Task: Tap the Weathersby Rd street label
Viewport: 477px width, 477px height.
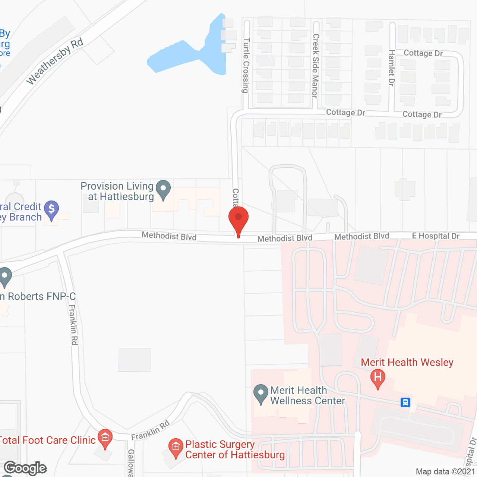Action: point(55,61)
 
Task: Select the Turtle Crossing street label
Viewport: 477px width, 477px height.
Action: point(246,65)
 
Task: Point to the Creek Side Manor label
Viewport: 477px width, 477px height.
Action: point(315,66)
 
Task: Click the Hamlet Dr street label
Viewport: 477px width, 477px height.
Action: point(391,68)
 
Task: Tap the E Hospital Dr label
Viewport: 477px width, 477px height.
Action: point(436,236)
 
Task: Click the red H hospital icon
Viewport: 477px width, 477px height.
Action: point(378,378)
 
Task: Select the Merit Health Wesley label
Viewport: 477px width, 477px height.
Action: point(407,362)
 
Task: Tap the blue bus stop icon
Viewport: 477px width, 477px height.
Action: point(405,402)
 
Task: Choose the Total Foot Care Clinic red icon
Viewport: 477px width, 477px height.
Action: point(105,437)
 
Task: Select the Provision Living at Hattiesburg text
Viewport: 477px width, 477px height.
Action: point(117,191)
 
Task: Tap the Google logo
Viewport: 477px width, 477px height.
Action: point(25,468)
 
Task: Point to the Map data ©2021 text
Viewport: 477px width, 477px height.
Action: point(445,472)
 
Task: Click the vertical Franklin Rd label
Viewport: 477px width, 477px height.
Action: point(73,325)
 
